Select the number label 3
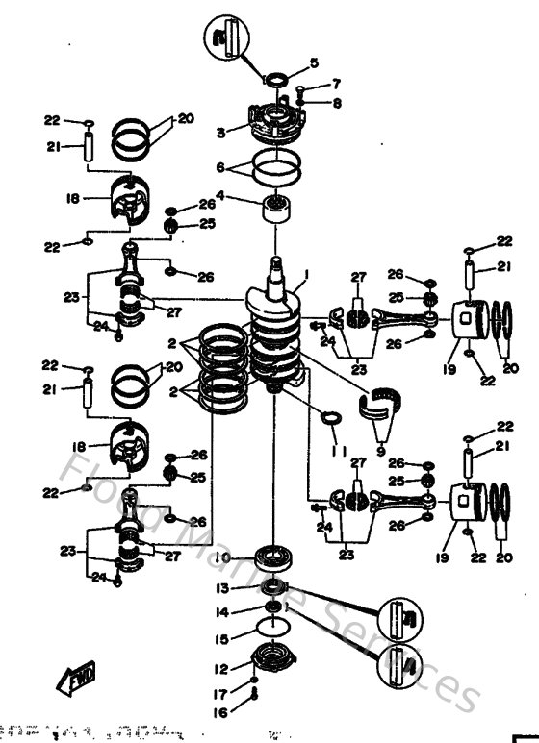coord(220,132)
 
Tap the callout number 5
coord(313,63)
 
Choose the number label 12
coord(220,668)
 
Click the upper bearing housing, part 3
coord(275,121)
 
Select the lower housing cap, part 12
coord(272,663)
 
